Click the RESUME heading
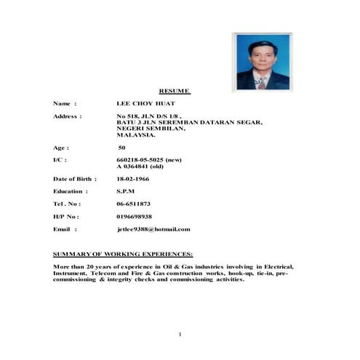[x=175, y=91]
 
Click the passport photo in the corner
[x=261, y=60]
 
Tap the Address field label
[x=67, y=116]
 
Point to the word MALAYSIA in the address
[x=136, y=135]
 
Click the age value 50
[x=121, y=147]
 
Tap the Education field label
[x=71, y=191]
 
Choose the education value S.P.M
[x=126, y=191]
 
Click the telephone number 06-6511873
[x=134, y=204]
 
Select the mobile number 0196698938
[x=135, y=217]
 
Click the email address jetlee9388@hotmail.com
[x=153, y=229]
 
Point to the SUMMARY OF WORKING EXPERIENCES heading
[x=123, y=255]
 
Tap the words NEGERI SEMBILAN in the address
[x=146, y=128]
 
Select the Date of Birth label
[x=75, y=178]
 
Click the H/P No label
[x=65, y=217]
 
